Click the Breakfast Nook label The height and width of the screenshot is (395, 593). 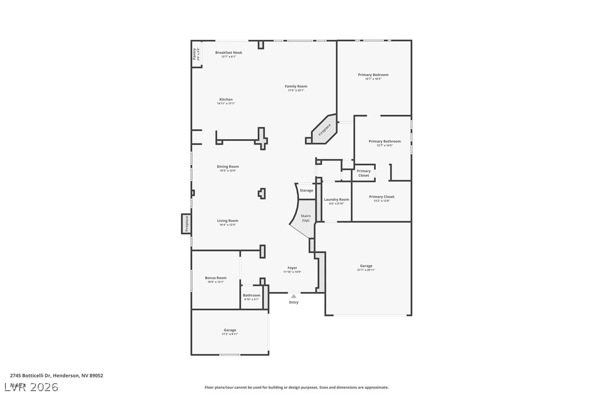point(228,53)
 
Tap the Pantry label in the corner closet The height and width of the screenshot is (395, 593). point(194,54)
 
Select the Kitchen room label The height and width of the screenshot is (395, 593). point(226,100)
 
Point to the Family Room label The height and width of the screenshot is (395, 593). point(296,86)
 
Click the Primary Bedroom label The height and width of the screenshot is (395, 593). point(373,75)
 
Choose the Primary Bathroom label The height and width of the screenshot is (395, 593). point(384,141)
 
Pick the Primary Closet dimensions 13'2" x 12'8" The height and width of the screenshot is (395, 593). point(381,201)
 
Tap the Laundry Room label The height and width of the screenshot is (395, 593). point(336,200)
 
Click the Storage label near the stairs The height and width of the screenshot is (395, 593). point(306,190)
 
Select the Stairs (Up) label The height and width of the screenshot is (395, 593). point(306,218)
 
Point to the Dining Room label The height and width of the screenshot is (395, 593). point(228,167)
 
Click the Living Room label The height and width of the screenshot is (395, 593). point(228,221)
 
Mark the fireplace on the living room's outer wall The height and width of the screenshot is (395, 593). point(186,223)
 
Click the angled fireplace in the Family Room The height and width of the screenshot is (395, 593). point(324,130)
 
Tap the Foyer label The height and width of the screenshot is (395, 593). point(293,268)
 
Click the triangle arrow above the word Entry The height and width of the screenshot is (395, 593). point(294,296)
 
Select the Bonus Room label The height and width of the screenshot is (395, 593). point(216,278)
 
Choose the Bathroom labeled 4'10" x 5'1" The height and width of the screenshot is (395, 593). point(252,297)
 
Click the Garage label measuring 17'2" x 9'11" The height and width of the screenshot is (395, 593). point(230,330)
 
